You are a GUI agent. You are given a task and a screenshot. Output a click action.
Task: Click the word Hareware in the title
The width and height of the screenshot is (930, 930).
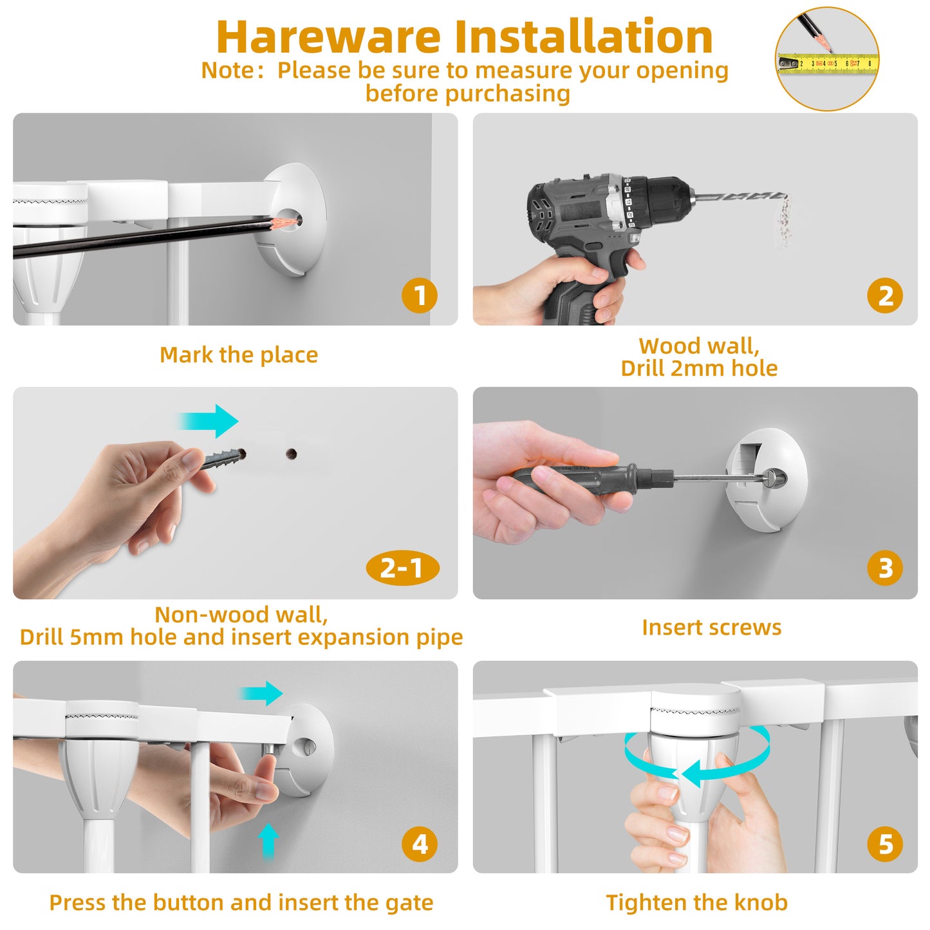pyautogui.click(x=329, y=37)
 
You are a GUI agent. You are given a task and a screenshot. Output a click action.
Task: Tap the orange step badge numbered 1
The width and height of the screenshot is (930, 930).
pyautogui.click(x=420, y=295)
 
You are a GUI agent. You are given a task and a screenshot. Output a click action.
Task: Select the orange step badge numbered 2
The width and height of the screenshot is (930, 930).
pyautogui.click(x=885, y=295)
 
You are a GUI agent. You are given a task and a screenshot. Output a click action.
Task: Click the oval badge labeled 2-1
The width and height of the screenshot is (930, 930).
pyautogui.click(x=402, y=568)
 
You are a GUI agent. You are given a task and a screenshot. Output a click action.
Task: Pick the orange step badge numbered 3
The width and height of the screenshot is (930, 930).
pyautogui.click(x=885, y=568)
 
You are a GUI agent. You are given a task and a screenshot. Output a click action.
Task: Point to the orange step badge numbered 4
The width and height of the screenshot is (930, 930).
pyautogui.click(x=420, y=844)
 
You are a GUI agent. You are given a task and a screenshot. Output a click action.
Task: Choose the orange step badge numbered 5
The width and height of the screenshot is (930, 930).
pyautogui.click(x=885, y=844)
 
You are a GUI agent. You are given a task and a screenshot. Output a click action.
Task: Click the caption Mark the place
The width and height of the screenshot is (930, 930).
pyautogui.click(x=239, y=355)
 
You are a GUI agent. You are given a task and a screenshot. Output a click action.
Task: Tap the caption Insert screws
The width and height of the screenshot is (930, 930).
pyautogui.click(x=711, y=628)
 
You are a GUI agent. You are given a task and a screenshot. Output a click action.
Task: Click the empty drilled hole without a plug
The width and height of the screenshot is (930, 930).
pyautogui.click(x=291, y=453)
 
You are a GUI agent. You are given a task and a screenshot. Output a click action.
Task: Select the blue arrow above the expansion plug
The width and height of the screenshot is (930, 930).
pyautogui.click(x=209, y=421)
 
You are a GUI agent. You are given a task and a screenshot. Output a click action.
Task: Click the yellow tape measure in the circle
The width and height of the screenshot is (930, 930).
pyautogui.click(x=827, y=63)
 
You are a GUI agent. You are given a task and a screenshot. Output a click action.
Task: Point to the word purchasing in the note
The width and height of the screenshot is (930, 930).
pyautogui.click(x=507, y=93)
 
